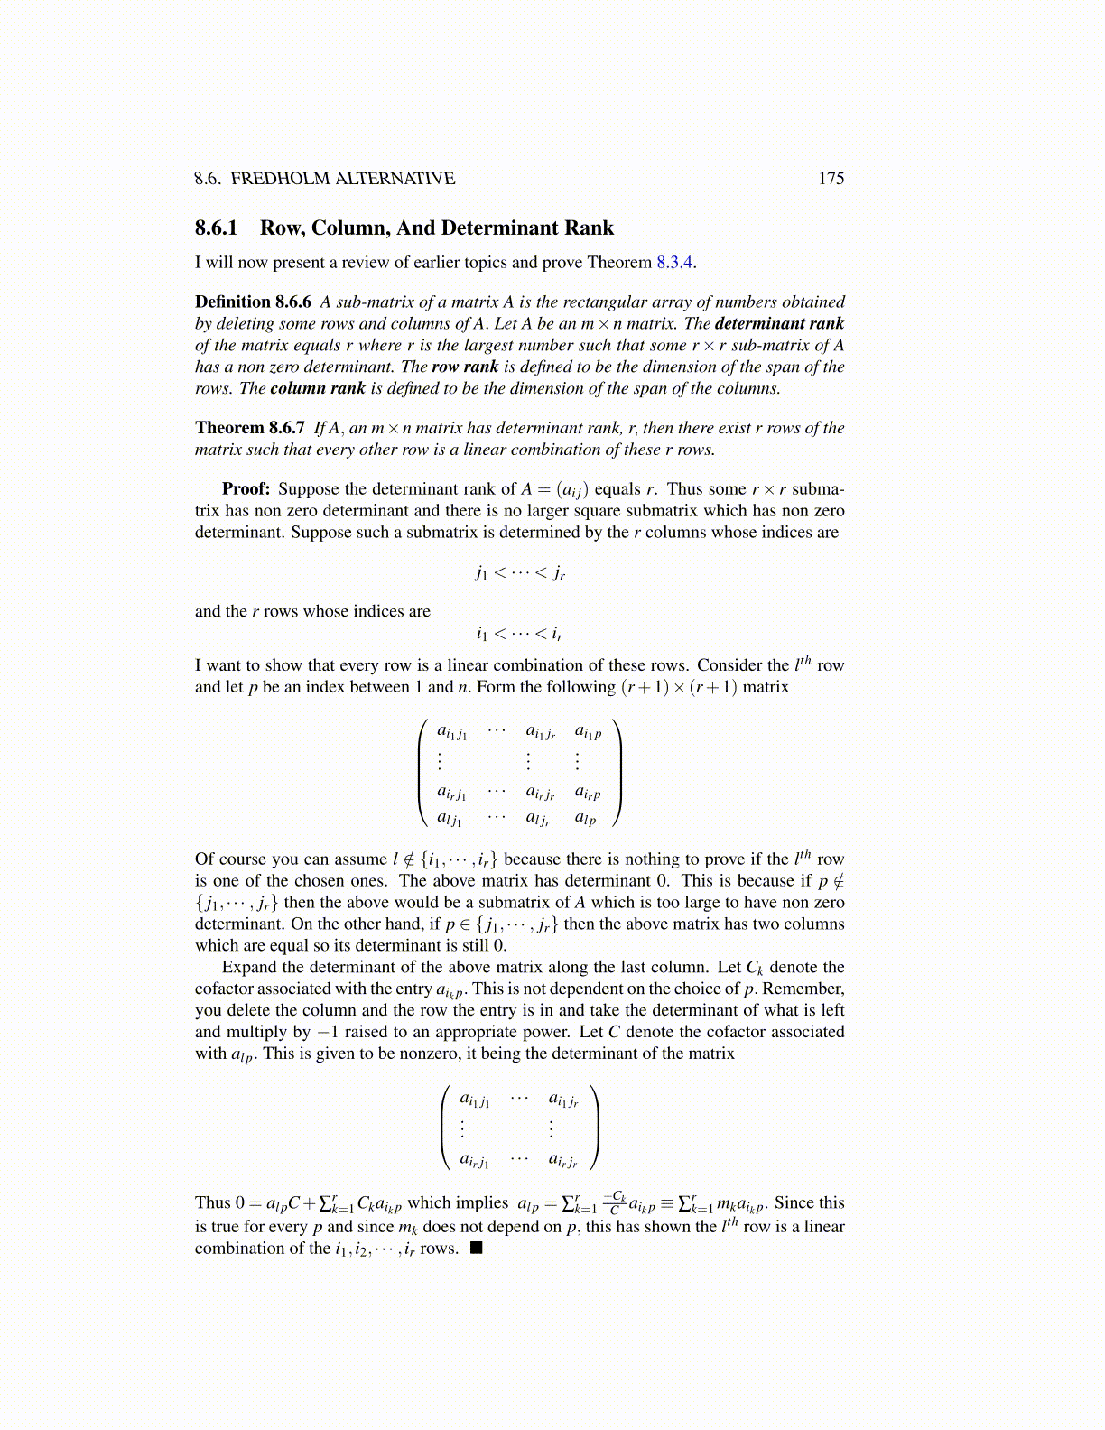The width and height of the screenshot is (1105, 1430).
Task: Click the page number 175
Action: coord(831,179)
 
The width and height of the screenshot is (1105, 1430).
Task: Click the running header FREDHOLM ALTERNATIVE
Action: coord(342,179)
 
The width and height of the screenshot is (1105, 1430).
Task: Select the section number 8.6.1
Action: coord(216,228)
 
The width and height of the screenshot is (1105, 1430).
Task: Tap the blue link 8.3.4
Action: coord(674,263)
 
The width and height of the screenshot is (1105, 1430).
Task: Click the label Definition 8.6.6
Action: coord(253,302)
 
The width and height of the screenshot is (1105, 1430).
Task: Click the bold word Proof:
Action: coord(246,489)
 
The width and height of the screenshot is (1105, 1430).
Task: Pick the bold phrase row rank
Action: coord(465,367)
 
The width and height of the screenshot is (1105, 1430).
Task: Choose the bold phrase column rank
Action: coord(318,389)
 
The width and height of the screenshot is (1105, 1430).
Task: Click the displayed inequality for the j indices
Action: coord(520,572)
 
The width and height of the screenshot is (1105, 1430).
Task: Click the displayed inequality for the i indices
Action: coord(520,633)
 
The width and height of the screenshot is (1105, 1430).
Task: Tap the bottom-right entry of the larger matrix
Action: coord(586,820)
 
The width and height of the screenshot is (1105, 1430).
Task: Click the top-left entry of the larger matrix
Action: coord(451,733)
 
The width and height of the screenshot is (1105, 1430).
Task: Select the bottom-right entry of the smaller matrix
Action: coord(563,1160)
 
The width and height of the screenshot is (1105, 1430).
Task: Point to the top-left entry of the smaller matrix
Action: coord(475,1100)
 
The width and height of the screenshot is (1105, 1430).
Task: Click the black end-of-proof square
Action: coord(476,1249)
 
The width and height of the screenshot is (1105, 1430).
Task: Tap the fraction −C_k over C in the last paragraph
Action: coord(614,1202)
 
